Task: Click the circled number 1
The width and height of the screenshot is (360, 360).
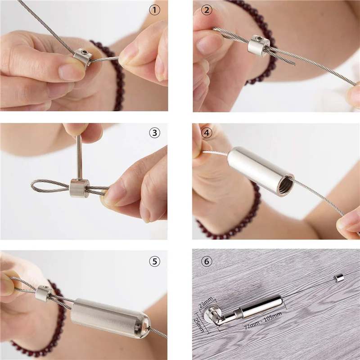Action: pyautogui.click(x=154, y=9)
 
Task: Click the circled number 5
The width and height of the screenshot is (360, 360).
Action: pyautogui.click(x=154, y=261)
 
